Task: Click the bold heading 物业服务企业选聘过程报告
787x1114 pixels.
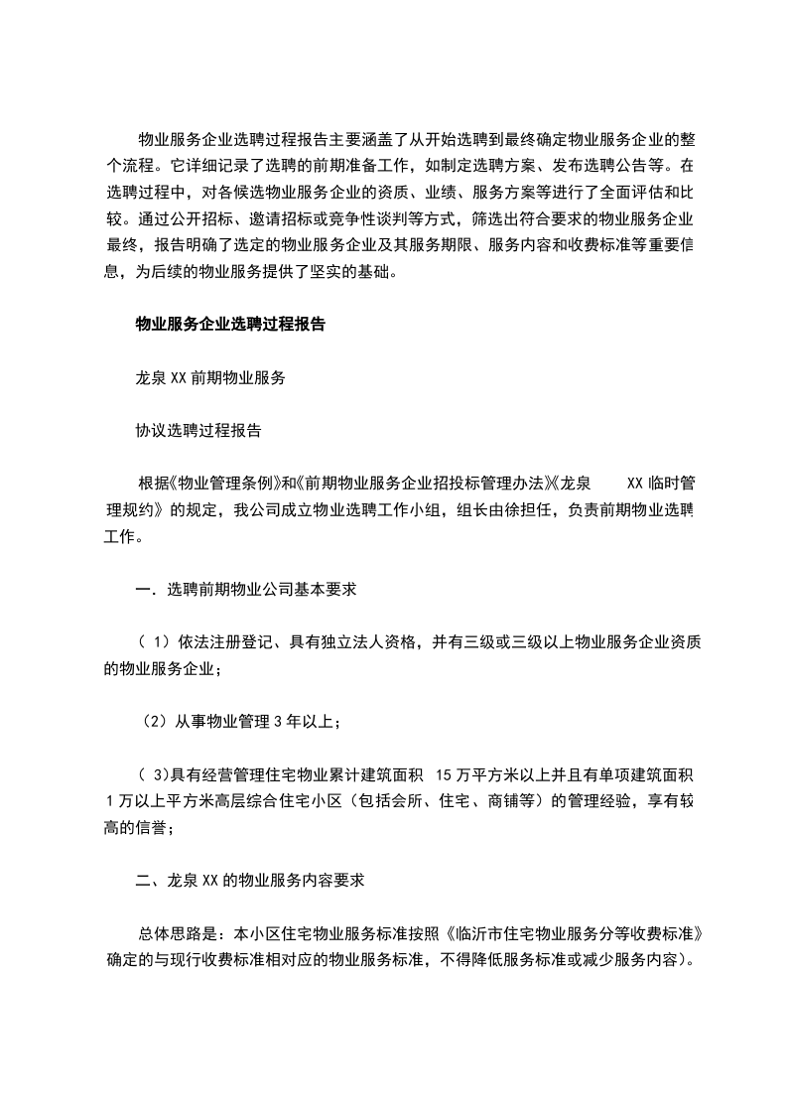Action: pos(231,324)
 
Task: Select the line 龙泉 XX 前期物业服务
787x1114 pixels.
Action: pos(210,378)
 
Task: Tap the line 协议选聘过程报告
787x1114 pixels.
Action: pos(198,432)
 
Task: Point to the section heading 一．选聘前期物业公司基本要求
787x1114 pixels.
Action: pos(246,590)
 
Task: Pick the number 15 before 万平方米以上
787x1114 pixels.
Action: pos(444,772)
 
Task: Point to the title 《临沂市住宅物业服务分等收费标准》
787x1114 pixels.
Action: pos(575,934)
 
